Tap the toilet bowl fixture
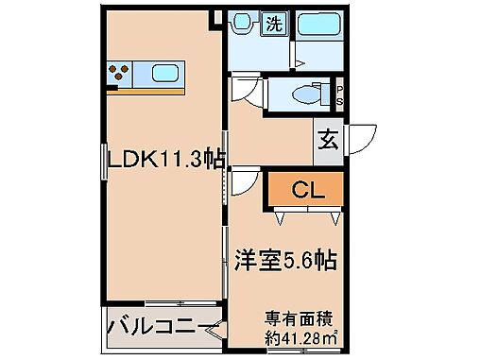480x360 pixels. coord(303,94)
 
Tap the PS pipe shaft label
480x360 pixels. coord(340,94)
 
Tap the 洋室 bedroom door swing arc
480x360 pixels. coord(243,181)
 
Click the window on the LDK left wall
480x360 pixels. coord(103,161)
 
